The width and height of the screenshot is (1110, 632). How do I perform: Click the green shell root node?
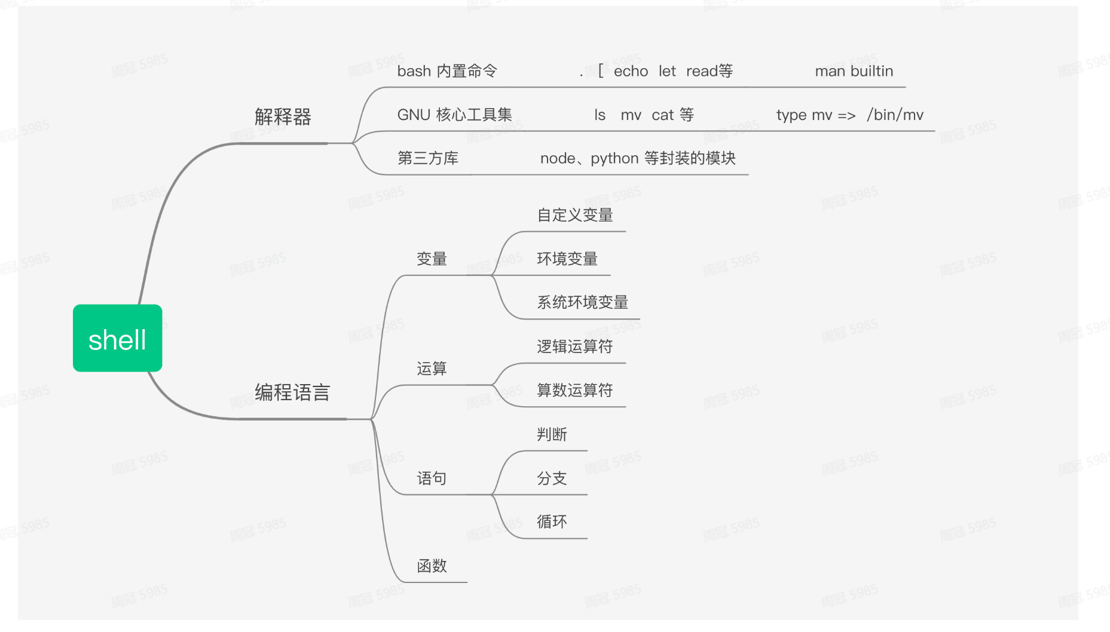[117, 338]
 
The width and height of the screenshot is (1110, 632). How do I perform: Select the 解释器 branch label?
[283, 117]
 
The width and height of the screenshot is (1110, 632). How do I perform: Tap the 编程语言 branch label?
[292, 392]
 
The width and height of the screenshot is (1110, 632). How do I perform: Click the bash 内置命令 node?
[447, 71]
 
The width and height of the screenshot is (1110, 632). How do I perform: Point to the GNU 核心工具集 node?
[454, 115]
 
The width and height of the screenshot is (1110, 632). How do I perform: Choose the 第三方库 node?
[427, 158]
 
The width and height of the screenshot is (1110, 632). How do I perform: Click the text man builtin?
[854, 71]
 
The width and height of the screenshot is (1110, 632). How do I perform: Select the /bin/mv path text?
[895, 115]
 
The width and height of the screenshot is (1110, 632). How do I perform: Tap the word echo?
[631, 71]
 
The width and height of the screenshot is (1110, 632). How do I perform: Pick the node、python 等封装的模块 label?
[637, 158]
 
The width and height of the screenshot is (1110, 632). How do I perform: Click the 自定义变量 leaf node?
[574, 215]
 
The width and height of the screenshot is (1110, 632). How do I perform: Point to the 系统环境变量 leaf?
[582, 302]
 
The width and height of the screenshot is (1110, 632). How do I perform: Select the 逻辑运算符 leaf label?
[574, 346]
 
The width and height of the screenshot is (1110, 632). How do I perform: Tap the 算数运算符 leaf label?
[574, 390]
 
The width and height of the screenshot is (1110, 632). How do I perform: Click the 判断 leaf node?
[551, 434]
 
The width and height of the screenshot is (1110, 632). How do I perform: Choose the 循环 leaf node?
[551, 521]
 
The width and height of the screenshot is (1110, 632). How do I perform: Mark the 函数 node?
[432, 566]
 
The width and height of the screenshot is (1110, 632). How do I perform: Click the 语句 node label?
[432, 478]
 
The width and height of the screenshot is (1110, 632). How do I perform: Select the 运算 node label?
[432, 369]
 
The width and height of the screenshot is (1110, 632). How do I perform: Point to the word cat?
[662, 115]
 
